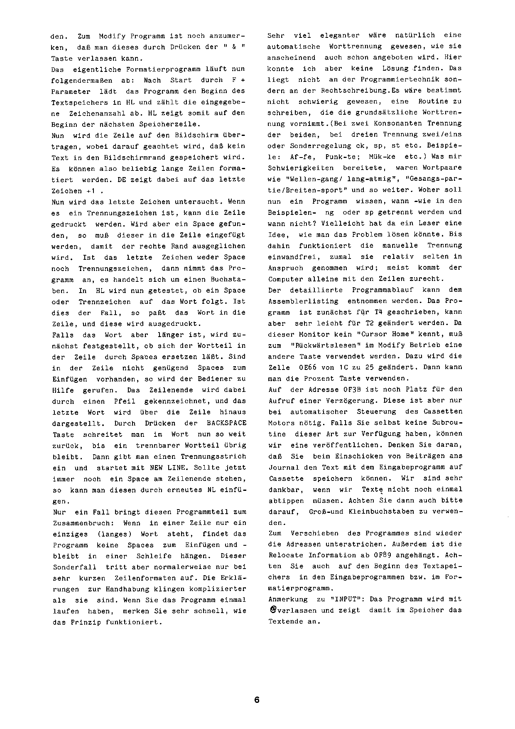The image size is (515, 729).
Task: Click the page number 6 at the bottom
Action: point(257,699)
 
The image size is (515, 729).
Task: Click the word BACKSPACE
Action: point(226,423)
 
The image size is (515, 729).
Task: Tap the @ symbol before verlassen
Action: point(272,610)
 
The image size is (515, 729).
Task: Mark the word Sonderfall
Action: point(74,567)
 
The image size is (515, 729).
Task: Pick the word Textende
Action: point(284,622)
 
